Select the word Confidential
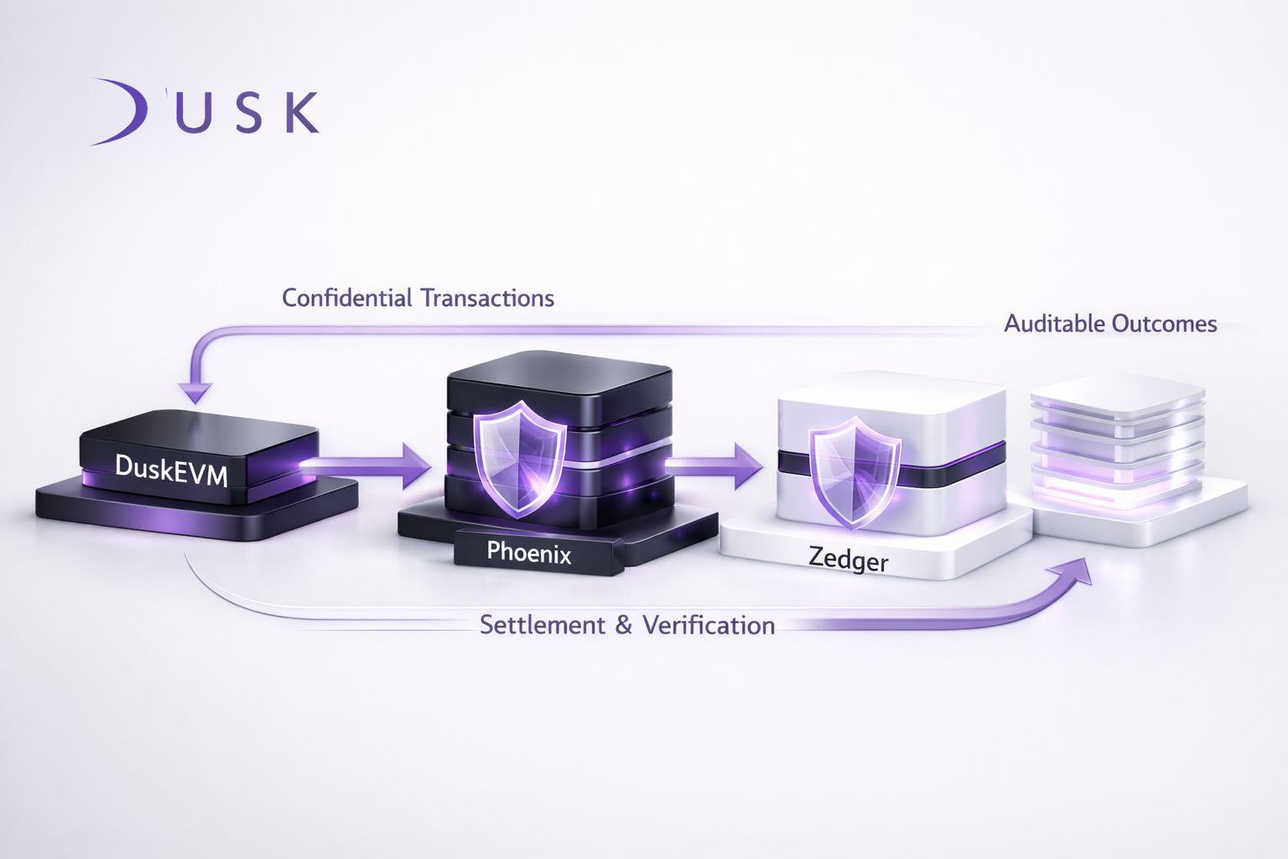pos(347,298)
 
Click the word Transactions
pos(487,298)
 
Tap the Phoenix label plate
pos(529,552)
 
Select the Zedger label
pos(848,558)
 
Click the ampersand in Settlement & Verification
pos(624,625)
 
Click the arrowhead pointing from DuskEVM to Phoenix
pos(415,466)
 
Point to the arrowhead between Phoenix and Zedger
pos(748,466)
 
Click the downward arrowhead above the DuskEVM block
pos(198,393)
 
